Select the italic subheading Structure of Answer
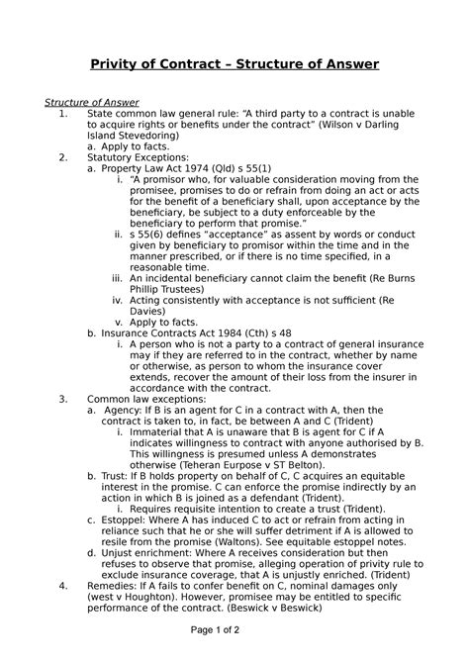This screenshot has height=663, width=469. tap(92, 102)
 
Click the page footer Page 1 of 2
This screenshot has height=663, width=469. tap(234, 643)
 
